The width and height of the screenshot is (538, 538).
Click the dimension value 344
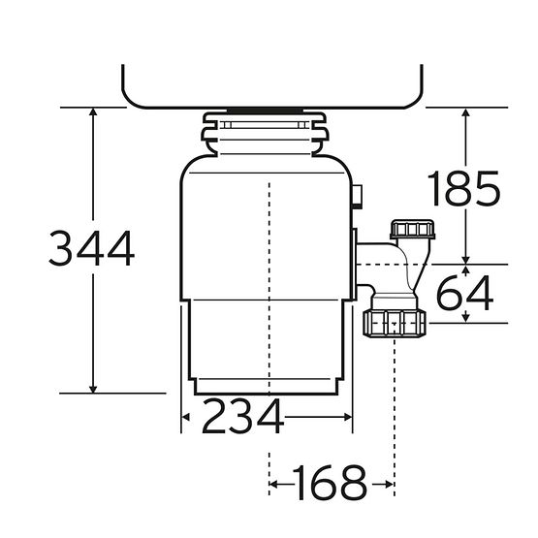(92, 248)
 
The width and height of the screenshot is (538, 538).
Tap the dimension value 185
(464, 189)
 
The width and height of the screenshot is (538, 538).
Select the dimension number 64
(465, 293)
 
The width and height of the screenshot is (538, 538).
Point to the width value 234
(243, 416)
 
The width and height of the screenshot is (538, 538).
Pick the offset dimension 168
(330, 483)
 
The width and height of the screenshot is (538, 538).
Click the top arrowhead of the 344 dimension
(93, 111)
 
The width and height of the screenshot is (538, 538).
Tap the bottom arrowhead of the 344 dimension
(93, 389)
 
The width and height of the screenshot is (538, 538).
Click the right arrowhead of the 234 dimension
(348, 417)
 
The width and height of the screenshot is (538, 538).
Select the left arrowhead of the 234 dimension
(185, 417)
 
